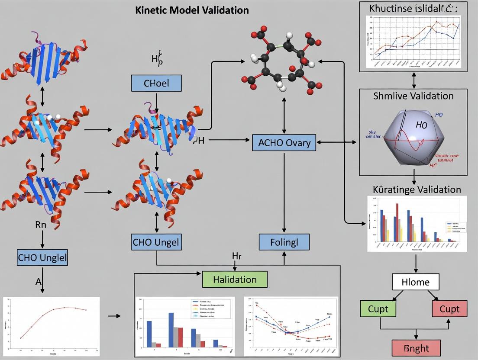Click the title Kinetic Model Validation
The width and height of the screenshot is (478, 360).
(192, 10)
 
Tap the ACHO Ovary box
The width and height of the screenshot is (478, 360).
(284, 143)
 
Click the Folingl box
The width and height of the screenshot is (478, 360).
(284, 242)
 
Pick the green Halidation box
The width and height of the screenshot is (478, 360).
(235, 279)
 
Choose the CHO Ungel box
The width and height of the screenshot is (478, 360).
(155, 242)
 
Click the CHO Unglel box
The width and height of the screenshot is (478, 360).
(42, 258)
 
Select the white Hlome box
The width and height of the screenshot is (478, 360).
(415, 282)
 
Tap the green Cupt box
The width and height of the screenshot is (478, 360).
(378, 309)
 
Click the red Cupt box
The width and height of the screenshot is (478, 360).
(449, 309)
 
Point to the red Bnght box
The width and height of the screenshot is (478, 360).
(416, 347)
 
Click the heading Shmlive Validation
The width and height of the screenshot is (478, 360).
(413, 96)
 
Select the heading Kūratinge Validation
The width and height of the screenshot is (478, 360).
(417, 189)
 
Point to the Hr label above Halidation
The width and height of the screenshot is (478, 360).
(236, 256)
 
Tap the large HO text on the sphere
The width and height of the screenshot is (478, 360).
(421, 125)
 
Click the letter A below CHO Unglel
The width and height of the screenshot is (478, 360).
(38, 281)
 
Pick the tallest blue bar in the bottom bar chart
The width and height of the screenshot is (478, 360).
(171, 330)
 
